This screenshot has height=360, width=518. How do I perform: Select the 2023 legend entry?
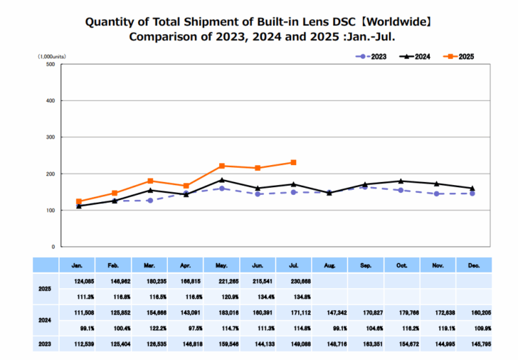pyautogui.click(x=370, y=55)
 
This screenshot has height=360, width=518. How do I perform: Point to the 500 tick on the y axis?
pyautogui.click(x=51, y=65)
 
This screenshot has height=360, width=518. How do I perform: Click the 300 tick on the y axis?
pyautogui.click(x=51, y=137)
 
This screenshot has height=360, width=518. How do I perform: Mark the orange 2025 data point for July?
pyautogui.click(x=293, y=162)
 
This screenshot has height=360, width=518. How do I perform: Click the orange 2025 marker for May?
pyautogui.click(x=222, y=166)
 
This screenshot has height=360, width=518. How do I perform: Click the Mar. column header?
pyautogui.click(x=151, y=266)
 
